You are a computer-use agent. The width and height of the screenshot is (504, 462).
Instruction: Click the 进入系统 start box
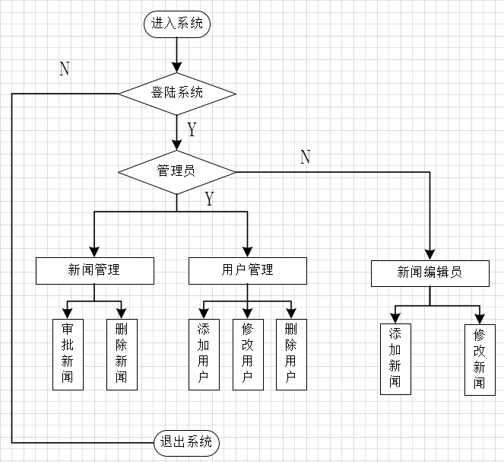point(177,24)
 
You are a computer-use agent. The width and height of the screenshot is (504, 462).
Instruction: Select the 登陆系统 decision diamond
point(177,94)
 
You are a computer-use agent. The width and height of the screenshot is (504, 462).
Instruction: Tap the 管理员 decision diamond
point(176,170)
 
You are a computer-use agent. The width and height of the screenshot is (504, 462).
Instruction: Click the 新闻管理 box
point(95,270)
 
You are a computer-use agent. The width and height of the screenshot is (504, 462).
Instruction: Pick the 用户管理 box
point(248,270)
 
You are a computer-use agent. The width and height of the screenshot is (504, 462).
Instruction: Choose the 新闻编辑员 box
point(430,273)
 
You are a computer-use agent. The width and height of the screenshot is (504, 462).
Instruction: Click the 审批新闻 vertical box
point(68,354)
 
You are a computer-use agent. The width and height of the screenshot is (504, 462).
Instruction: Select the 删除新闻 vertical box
point(122,354)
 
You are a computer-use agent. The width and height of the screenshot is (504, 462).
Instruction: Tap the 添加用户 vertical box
point(204,354)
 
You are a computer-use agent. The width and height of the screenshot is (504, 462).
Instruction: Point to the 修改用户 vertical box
point(248,354)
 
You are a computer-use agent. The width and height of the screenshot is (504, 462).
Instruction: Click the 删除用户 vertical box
point(290,354)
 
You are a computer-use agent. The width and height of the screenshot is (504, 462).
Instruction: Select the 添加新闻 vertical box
point(395,358)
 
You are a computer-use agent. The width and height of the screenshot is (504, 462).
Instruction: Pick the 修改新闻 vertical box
point(480,359)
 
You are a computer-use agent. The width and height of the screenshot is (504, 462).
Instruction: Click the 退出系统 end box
point(187,441)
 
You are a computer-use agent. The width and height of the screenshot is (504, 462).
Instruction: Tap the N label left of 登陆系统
point(65,69)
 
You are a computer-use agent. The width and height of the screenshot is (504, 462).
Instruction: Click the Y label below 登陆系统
point(192,129)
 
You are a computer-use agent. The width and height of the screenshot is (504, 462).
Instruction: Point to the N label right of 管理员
point(306,158)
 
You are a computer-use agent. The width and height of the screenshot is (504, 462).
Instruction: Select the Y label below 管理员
point(209,199)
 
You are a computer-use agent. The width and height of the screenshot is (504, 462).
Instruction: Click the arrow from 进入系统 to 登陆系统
point(177,53)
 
